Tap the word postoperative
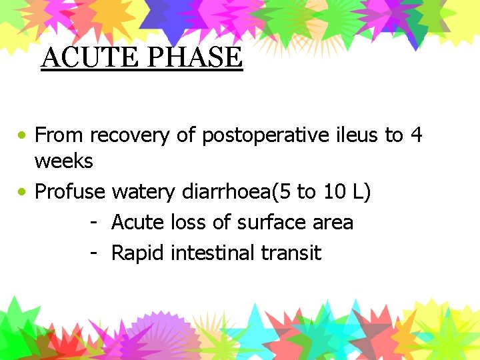265,135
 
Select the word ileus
357,135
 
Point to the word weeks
64,161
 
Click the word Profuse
70,192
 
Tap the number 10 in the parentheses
334,192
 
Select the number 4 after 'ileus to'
416,135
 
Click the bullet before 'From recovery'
23,135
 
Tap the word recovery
130,136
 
